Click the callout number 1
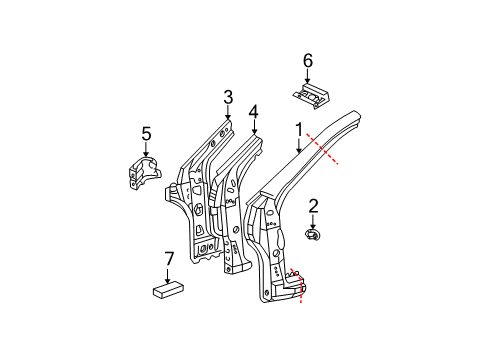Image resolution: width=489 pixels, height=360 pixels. point(298,127)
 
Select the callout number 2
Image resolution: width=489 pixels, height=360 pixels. point(313,206)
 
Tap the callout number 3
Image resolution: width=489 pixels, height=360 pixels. point(227,97)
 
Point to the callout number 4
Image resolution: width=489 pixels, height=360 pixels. point(254,112)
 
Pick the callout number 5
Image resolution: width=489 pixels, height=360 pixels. point(146,132)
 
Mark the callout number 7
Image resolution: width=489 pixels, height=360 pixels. point(167,259)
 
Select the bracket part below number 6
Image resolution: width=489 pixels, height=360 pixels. point(309,94)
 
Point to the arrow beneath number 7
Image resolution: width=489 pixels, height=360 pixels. point(167,275)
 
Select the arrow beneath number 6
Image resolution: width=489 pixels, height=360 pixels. point(308,76)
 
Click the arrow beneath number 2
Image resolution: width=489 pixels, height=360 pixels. point(313,221)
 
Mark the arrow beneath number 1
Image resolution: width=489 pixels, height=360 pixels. point(298,143)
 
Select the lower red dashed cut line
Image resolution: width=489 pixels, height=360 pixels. point(301,284)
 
